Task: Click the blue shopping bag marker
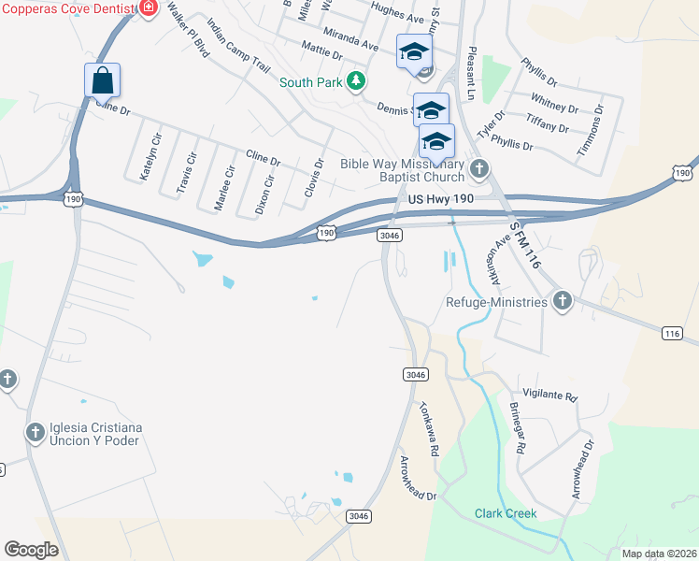click(x=103, y=80)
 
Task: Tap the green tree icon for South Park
click(x=355, y=81)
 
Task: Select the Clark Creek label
click(x=505, y=513)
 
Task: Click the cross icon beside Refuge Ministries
click(x=562, y=300)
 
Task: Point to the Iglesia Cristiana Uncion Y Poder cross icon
click(x=35, y=433)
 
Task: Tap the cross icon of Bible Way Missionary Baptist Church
click(x=479, y=169)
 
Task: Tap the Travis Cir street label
click(x=189, y=167)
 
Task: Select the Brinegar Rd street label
click(x=518, y=427)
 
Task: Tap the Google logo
click(x=31, y=550)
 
